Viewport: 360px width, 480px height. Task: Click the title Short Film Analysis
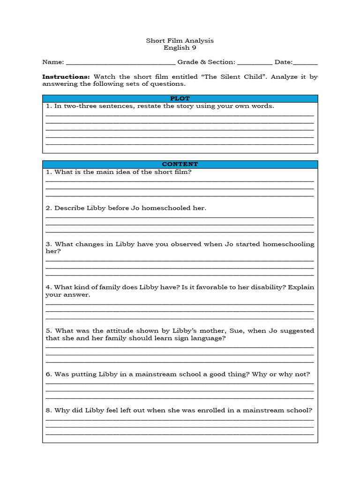click(x=180, y=41)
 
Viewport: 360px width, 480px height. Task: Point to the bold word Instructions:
click(x=66, y=77)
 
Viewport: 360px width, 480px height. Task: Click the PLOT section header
click(x=180, y=98)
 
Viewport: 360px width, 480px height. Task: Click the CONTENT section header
click(x=180, y=164)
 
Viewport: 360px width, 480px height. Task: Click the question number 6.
click(x=48, y=375)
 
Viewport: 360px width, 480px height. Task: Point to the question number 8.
click(x=48, y=411)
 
